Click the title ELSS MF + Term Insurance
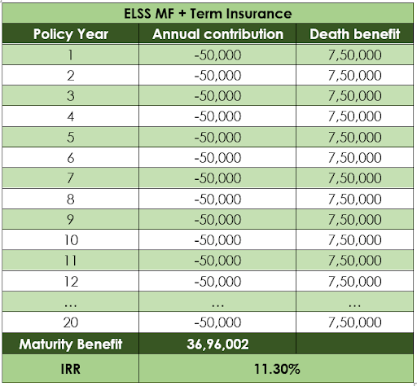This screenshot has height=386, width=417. pos(208,14)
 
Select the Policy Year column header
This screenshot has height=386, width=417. pos(71,34)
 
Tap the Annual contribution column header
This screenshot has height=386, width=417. pos(217,34)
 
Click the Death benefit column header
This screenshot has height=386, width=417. pos(354,34)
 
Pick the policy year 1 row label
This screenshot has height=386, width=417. pos(71,55)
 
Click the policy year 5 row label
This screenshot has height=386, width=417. pos(71,137)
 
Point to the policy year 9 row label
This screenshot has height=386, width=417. pos(71,219)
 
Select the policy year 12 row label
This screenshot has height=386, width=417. pos(71,281)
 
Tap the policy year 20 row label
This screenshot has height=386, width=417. pos(71,322)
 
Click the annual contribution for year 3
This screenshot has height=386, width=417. pos(217,96)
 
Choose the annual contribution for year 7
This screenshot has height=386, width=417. pos(217,178)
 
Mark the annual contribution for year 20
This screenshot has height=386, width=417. pos(217,322)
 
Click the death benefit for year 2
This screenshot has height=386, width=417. pos(354,76)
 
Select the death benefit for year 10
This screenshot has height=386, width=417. pos(354,240)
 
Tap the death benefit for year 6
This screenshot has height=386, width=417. pos(354,158)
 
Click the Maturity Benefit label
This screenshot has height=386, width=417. pos(71,344)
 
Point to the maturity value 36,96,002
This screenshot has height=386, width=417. pos(217,344)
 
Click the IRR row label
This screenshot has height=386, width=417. pos(71,369)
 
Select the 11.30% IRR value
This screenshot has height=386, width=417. pos(277,369)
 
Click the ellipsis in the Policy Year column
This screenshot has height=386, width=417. pos(71,305)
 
